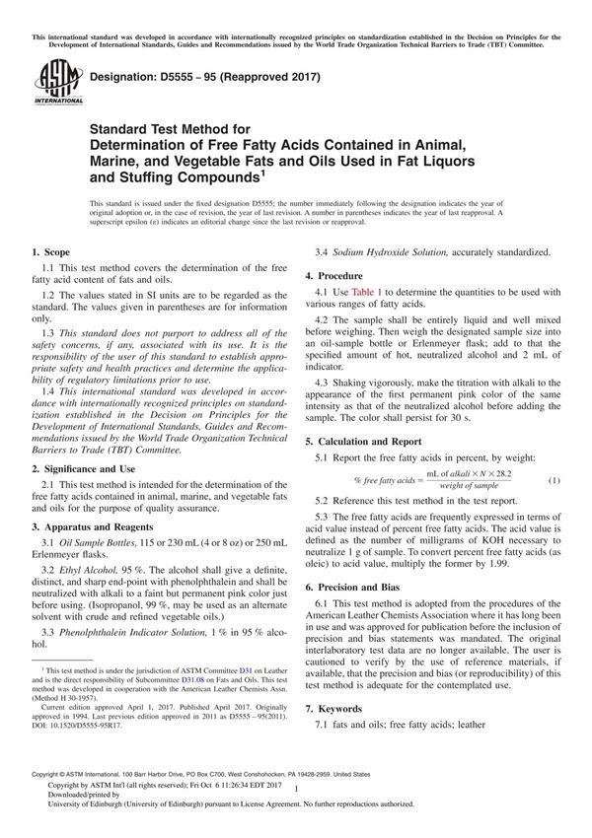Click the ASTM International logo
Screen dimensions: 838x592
[50, 83]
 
